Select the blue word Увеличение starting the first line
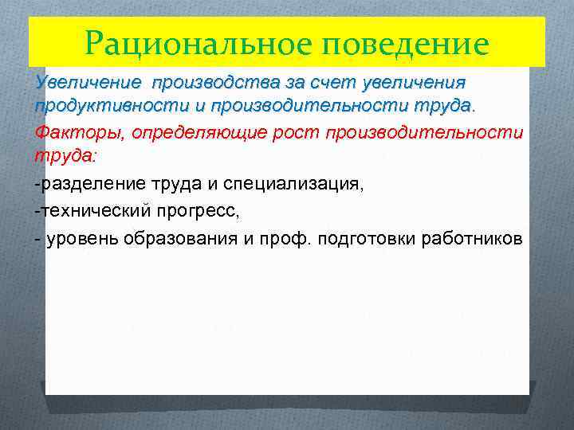[86, 82]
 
